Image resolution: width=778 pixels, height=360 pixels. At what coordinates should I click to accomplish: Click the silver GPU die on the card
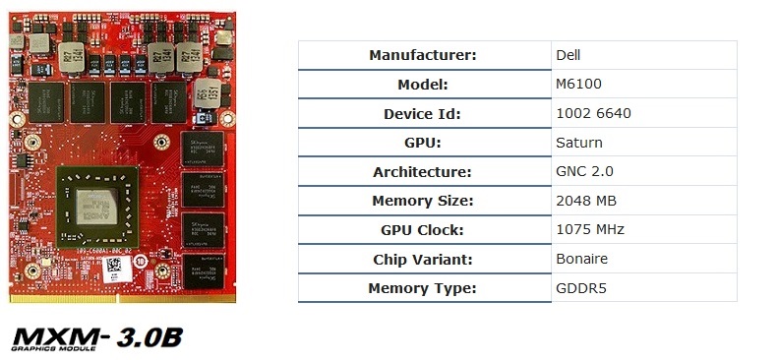(102, 207)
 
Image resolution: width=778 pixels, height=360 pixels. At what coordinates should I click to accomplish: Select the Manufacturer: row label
(422, 55)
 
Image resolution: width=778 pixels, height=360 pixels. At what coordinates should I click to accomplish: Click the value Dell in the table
(569, 55)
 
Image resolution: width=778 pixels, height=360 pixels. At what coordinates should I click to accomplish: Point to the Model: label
(422, 85)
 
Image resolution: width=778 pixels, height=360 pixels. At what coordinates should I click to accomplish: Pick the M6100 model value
(578, 85)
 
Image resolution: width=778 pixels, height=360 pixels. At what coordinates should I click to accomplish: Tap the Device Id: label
(422, 114)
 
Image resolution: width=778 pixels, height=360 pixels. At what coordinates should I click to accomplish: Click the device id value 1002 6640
(593, 114)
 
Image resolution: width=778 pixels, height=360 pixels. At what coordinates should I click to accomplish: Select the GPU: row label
(422, 143)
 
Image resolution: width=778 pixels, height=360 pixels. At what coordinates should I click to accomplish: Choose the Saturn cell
(579, 143)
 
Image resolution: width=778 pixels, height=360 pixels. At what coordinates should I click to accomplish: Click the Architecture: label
(422, 172)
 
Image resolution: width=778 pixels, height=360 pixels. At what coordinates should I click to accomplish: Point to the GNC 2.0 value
(584, 172)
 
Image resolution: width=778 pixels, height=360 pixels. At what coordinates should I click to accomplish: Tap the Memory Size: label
(422, 202)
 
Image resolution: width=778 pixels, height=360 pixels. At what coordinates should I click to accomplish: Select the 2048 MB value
(587, 202)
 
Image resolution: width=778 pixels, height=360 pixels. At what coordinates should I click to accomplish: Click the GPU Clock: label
(422, 231)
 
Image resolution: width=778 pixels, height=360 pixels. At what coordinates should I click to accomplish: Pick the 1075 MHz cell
(589, 231)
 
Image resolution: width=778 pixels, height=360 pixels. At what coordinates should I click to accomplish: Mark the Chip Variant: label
(422, 260)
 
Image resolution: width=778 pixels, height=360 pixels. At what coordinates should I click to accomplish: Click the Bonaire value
(582, 260)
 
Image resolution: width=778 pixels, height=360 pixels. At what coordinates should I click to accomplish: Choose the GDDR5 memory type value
(581, 289)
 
